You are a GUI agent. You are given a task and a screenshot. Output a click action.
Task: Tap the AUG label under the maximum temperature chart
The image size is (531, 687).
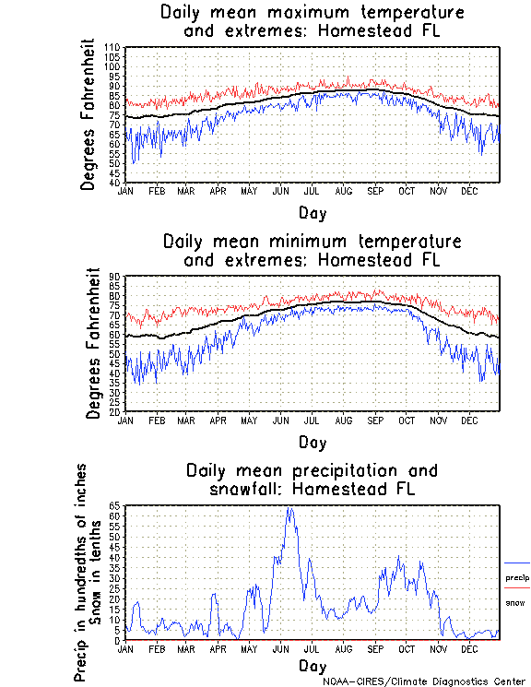pos(344,191)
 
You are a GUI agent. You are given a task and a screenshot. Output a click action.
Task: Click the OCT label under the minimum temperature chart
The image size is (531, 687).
pos(407,420)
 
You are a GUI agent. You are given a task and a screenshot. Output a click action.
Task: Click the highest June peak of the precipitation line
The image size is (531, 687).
pos(290,508)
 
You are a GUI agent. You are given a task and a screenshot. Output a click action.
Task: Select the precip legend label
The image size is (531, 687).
pos(517,578)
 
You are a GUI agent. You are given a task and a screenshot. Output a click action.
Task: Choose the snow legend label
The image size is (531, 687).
pos(515,602)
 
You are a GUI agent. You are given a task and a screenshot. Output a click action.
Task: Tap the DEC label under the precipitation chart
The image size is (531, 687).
pos(469,648)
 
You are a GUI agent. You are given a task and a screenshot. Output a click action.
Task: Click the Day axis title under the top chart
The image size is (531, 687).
pos(312,213)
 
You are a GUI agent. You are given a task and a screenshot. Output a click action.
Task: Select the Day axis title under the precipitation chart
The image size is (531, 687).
pos(312,666)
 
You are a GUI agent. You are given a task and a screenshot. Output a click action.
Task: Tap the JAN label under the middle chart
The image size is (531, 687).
pos(125,420)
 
